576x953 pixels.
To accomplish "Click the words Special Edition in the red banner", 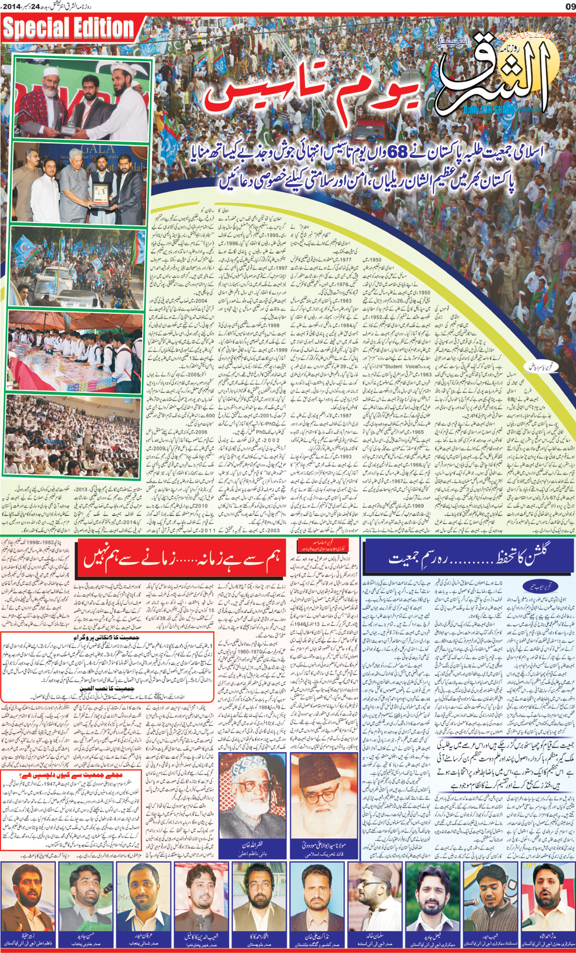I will pos(69,28).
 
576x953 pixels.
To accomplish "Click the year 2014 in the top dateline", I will pos(11,6).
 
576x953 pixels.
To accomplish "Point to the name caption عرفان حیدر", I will pos(143,936).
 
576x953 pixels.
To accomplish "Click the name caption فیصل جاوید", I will pos(433,936).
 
